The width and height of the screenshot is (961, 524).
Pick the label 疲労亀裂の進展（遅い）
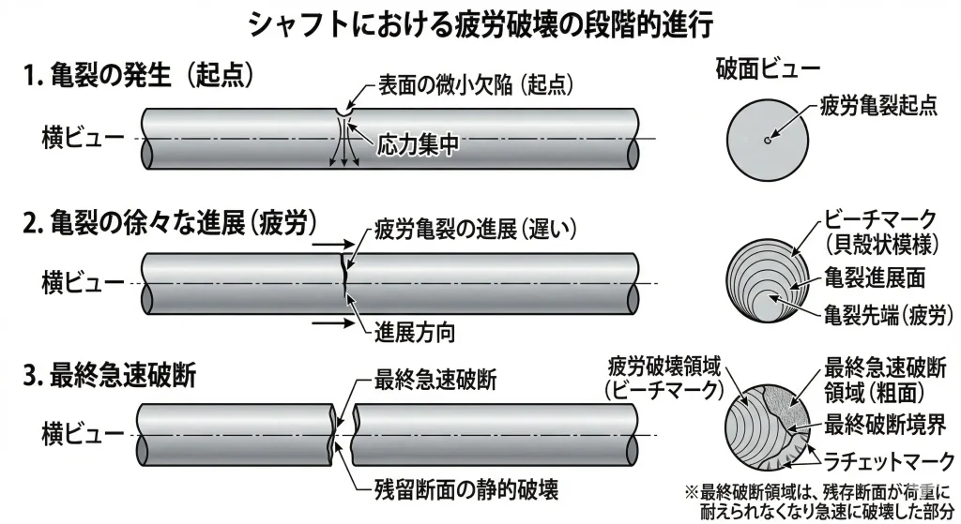point(474,228)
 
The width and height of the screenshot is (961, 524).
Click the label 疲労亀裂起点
point(878,104)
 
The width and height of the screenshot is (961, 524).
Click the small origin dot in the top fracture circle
point(767,141)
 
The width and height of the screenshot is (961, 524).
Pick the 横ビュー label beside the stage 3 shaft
point(82,433)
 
